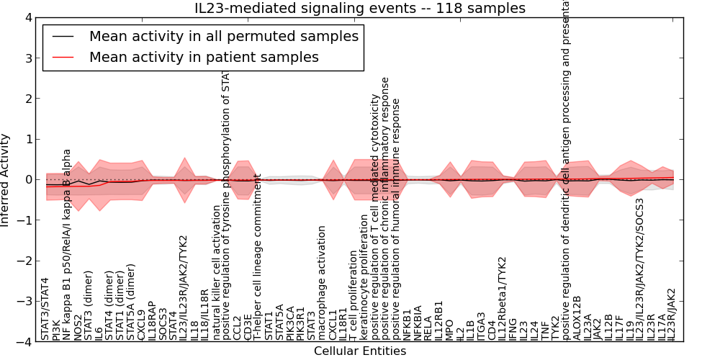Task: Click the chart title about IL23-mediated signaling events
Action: (360, 8)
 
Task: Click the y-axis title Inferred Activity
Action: (6, 180)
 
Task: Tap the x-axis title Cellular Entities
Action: (360, 351)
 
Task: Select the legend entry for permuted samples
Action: (223, 36)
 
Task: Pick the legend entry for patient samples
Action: (204, 57)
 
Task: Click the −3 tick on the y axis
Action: (24, 302)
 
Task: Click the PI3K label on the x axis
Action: (56, 328)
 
